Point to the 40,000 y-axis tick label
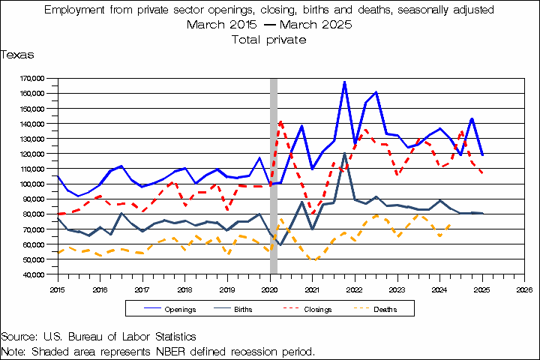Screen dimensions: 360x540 (x=33, y=274)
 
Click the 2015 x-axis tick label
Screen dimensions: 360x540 (x=57, y=288)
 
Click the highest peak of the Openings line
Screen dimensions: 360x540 (x=344, y=82)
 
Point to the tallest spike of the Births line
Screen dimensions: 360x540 (x=344, y=154)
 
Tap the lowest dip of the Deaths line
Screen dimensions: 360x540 (x=316, y=260)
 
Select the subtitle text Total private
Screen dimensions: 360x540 (x=270, y=39)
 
